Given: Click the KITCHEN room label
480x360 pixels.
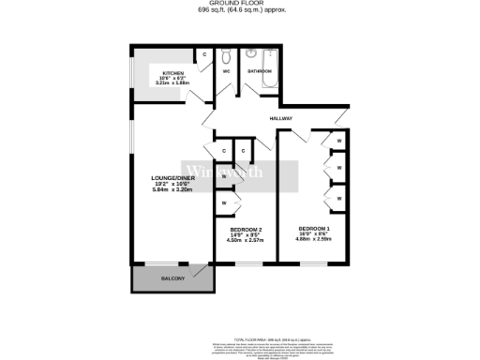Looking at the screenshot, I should point(172,72).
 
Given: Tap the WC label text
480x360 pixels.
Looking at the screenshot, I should point(227,71).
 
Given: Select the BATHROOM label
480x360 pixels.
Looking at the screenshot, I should point(260,71).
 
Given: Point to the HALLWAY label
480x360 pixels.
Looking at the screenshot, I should point(281,119).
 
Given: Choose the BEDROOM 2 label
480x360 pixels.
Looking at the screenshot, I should point(246,230).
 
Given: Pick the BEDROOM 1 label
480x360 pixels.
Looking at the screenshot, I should point(313,230).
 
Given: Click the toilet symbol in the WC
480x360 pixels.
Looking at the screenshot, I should point(227,55).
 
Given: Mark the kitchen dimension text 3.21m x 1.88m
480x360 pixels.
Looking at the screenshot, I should point(172,84).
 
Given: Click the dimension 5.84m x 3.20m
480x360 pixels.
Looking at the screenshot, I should point(172,188).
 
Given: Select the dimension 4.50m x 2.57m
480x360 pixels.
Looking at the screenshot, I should point(246,241).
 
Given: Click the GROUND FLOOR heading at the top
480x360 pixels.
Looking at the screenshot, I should point(241,4).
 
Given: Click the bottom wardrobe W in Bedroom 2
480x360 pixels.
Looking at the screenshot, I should point(223,202).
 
